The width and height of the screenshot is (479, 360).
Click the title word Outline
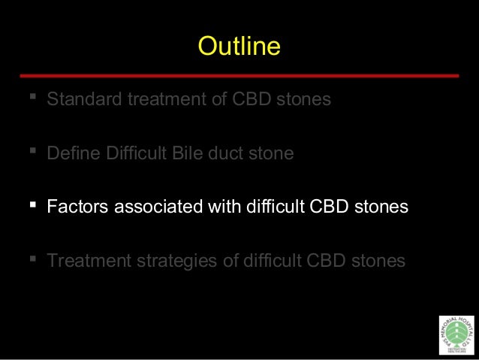click(x=239, y=47)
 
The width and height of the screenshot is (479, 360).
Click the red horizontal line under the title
click(x=239, y=76)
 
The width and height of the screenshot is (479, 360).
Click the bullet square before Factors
click(x=33, y=204)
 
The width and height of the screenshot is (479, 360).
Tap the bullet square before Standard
click(x=33, y=98)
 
